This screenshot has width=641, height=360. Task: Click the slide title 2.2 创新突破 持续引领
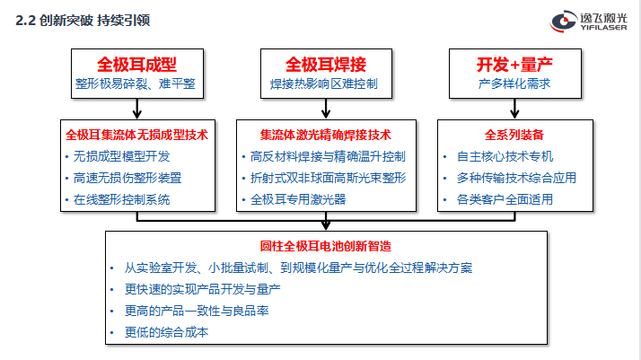83,21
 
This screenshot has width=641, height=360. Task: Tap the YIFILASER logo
588,22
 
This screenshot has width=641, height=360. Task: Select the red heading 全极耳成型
137,65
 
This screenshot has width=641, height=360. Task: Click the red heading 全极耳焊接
326,65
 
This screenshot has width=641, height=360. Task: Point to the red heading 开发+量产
514,65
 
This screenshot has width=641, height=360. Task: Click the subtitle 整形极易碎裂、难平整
136,83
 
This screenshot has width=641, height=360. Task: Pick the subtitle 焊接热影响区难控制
324,83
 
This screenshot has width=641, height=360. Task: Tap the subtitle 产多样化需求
514,83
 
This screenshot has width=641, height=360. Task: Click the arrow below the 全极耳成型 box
137,109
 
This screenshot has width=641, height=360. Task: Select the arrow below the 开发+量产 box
514,109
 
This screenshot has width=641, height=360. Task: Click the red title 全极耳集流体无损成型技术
137,135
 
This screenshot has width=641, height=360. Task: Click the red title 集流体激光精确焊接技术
326,135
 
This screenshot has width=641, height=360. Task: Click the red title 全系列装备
514,135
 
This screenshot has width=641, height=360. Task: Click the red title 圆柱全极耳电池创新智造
326,246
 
